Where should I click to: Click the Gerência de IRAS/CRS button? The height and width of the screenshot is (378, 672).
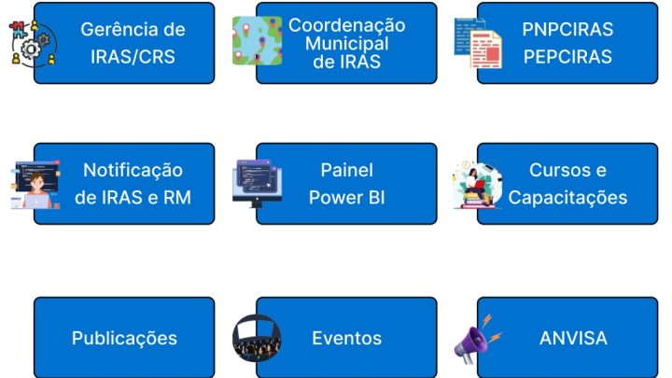(124, 43)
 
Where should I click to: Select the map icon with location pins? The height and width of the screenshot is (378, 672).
(258, 41)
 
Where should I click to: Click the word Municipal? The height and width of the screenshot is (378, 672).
(346, 43)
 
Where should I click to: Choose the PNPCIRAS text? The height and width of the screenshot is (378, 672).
(567, 30)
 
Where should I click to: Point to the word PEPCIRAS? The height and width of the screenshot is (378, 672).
(567, 57)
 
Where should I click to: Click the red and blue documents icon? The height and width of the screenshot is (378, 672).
(478, 43)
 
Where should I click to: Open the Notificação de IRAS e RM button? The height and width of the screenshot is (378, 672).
(124, 184)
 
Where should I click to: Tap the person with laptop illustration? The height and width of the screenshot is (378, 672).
(35, 185)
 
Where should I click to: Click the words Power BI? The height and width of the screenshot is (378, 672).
(346, 198)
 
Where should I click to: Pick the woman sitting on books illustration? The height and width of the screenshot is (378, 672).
(477, 185)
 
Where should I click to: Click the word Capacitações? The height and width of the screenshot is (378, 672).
(567, 198)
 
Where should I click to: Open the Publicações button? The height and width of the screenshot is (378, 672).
(124, 338)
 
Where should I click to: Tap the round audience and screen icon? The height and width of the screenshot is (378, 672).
(257, 338)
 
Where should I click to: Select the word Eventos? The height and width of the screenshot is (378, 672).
(346, 338)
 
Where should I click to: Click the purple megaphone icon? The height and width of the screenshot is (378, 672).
(477, 340)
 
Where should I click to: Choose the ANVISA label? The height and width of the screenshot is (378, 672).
(573, 338)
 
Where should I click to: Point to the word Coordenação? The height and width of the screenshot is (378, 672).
(346, 25)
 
